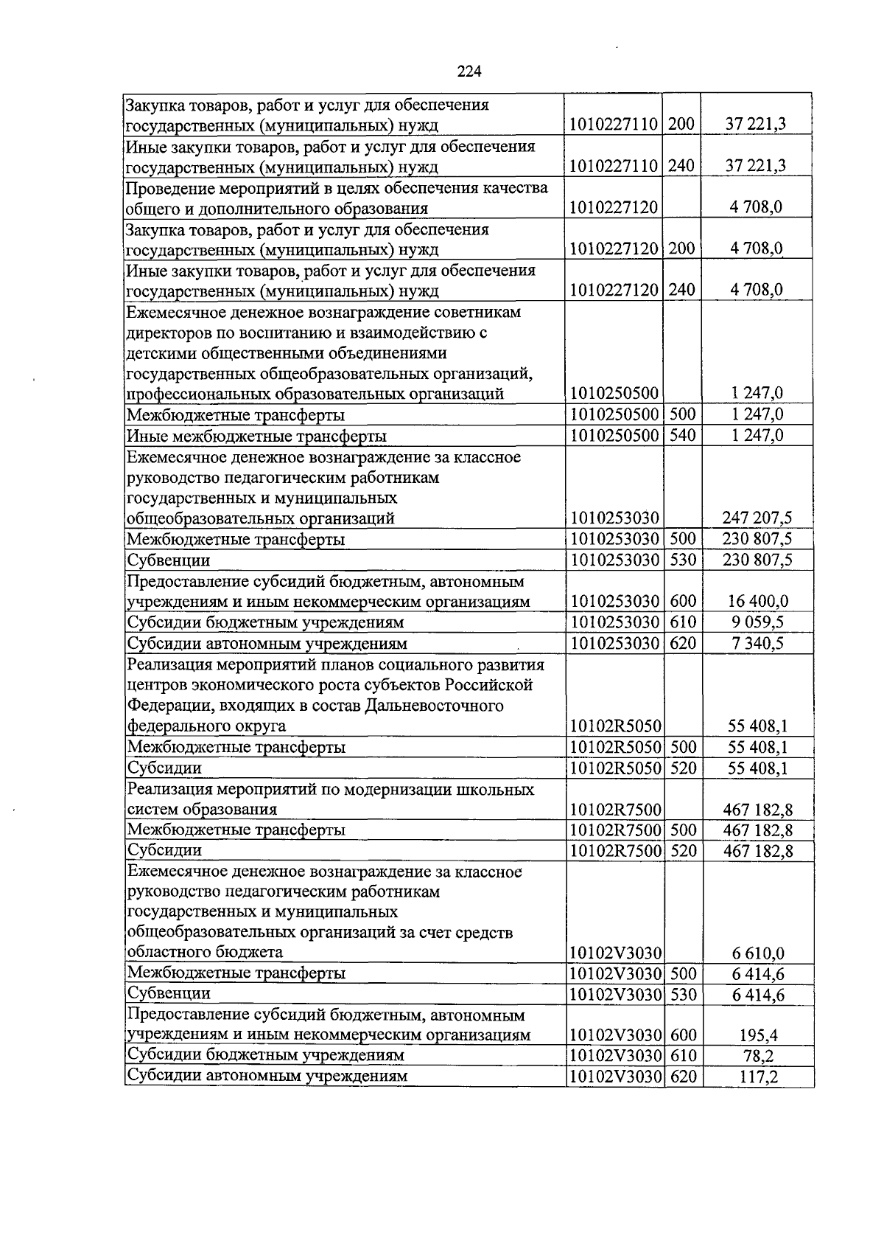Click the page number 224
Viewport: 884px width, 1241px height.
coord(469,72)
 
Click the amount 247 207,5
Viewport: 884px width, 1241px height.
coord(757,518)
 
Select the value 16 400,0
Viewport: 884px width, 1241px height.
coord(760,602)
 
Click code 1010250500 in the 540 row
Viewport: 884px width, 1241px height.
coord(614,435)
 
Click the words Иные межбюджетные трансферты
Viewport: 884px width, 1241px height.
coord(256,436)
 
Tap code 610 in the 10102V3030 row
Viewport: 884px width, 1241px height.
coord(684,1056)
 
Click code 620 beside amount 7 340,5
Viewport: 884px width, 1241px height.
coord(683,644)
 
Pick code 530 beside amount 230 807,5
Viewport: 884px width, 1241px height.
coord(683,560)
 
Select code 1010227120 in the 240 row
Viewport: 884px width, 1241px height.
coord(614,290)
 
